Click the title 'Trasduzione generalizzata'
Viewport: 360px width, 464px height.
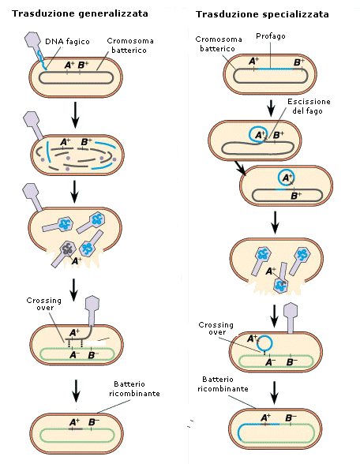click(80, 14)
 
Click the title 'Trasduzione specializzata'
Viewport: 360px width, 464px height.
click(262, 14)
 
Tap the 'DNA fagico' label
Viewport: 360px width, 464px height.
click(67, 41)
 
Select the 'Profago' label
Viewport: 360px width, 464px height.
click(271, 36)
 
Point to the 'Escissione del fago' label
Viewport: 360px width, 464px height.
click(309, 107)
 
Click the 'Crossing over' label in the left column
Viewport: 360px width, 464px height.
click(44, 304)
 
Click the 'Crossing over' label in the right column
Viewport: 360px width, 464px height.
click(216, 328)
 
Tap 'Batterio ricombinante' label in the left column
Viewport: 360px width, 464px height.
click(134, 388)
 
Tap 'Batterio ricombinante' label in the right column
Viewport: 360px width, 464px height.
click(223, 384)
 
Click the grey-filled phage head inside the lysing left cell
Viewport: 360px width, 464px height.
click(68, 249)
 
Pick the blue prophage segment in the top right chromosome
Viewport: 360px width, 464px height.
click(276, 69)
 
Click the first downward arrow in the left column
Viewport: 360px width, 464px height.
click(76, 115)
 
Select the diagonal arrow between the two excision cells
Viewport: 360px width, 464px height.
click(240, 168)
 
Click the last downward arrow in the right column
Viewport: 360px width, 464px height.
click(275, 393)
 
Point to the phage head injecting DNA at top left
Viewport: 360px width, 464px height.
click(32, 39)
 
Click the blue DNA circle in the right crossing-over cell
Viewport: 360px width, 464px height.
click(264, 343)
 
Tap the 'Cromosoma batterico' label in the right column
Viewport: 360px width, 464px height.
click(219, 44)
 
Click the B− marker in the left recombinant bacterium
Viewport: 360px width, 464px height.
click(93, 422)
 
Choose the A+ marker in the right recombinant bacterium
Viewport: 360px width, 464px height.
click(265, 417)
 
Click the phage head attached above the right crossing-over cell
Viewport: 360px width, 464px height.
click(291, 311)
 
